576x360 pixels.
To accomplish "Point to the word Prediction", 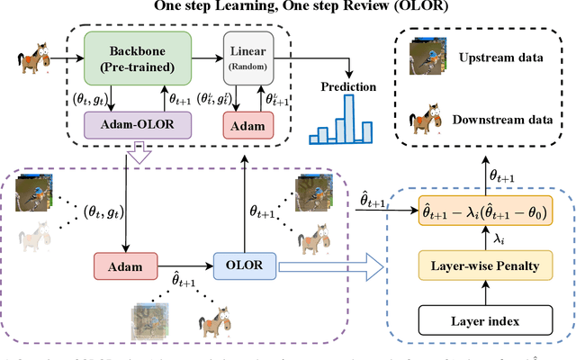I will (346, 87).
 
